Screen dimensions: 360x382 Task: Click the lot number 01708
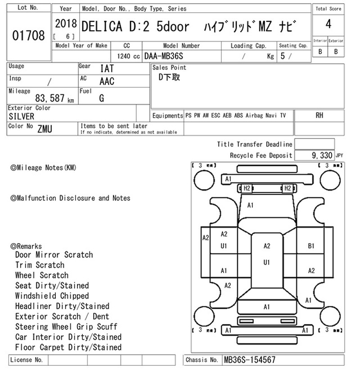(x=28, y=36)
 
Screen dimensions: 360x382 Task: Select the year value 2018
(x=66, y=24)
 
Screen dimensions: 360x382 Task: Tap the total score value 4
(x=328, y=24)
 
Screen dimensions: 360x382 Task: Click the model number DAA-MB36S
(x=164, y=56)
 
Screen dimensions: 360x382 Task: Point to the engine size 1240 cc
(x=128, y=56)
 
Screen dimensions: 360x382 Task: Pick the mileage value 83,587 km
(x=54, y=98)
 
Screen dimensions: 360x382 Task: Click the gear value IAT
(x=107, y=68)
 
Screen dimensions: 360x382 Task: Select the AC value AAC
(x=107, y=81)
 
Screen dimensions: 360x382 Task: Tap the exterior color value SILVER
(x=22, y=116)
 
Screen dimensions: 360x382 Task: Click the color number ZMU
(x=45, y=129)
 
